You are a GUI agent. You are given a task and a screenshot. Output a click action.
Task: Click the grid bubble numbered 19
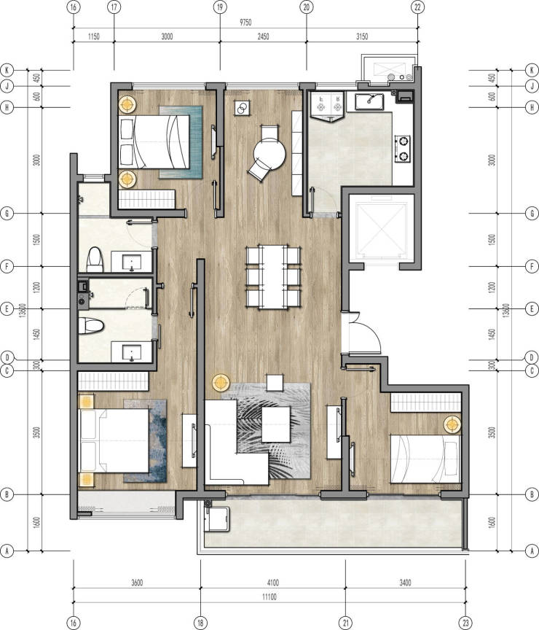220,7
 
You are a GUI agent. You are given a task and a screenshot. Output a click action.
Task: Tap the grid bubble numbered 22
418,7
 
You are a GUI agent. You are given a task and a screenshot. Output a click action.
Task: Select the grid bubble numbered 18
200,623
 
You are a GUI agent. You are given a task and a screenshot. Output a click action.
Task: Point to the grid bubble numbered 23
465,623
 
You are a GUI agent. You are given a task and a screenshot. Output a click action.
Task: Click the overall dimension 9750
245,23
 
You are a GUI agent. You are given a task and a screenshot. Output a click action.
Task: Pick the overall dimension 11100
269,597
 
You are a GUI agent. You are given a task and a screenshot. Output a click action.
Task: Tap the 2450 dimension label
263,36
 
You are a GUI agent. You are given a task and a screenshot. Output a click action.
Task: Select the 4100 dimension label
272,583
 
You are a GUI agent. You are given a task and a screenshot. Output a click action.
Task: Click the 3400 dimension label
406,583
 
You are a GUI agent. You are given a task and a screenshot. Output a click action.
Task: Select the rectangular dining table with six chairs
274,277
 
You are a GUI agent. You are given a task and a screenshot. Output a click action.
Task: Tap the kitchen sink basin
369,101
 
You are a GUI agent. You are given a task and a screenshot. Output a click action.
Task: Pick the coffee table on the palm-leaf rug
276,424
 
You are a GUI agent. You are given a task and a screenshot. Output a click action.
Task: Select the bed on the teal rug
154,142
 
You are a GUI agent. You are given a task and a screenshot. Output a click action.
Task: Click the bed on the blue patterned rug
114,440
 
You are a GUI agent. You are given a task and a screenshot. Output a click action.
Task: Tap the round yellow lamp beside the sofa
221,383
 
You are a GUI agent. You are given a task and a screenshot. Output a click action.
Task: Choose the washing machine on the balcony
217,519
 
